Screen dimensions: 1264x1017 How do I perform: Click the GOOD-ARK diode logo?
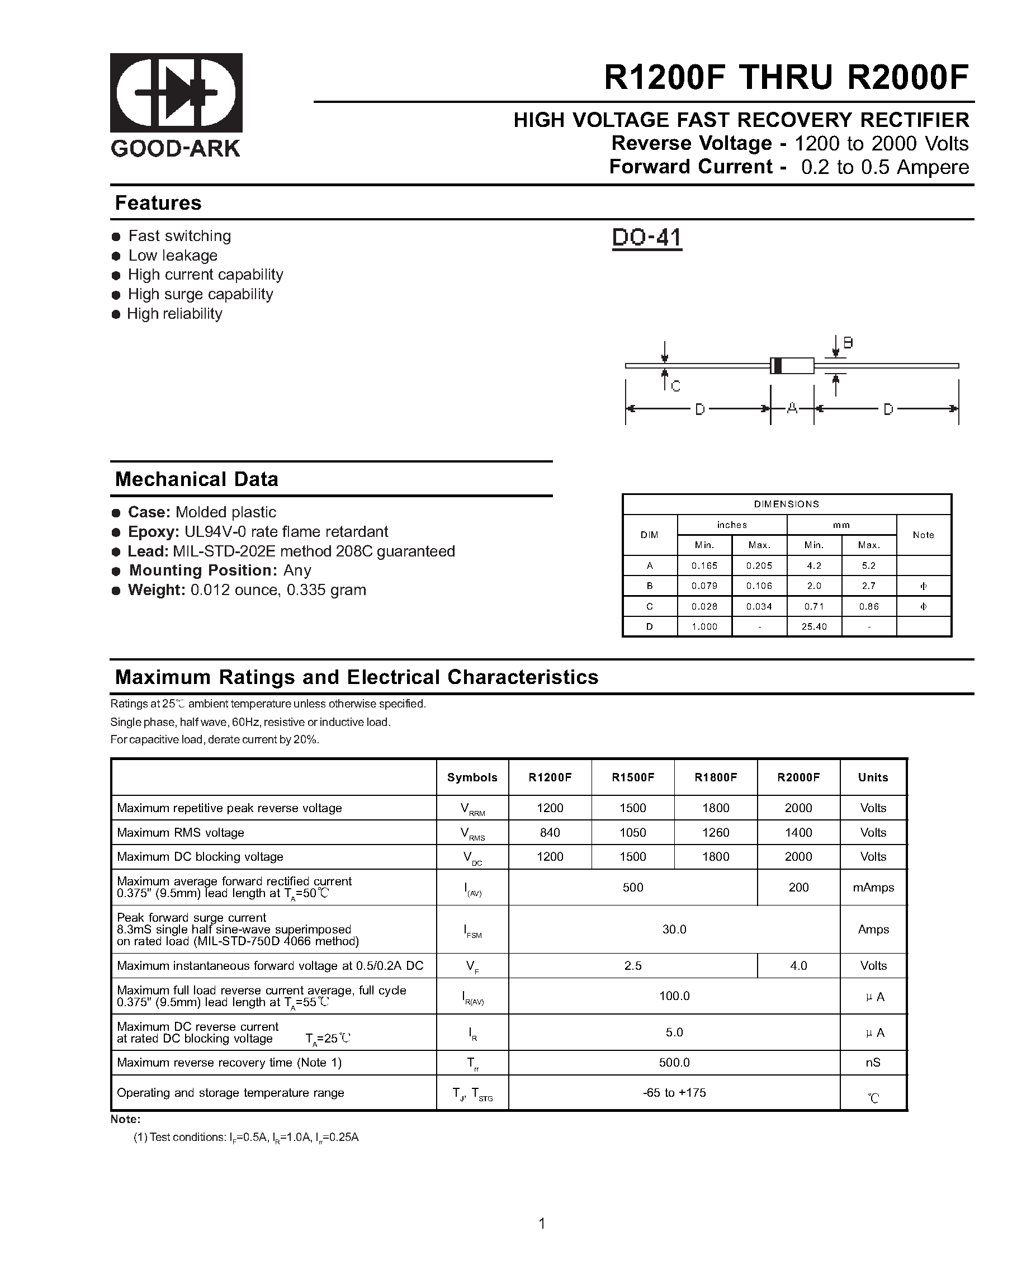pyautogui.click(x=176, y=93)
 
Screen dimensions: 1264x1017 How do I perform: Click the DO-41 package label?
pyautogui.click(x=646, y=238)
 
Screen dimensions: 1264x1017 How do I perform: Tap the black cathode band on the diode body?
pyautogui.click(x=777, y=366)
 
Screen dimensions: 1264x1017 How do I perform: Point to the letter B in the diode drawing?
pyautogui.click(x=848, y=343)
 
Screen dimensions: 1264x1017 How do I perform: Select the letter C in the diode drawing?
pyautogui.click(x=675, y=386)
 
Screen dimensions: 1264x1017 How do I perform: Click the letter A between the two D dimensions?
pyautogui.click(x=792, y=409)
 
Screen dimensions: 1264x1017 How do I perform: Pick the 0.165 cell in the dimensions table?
pyautogui.click(x=704, y=566)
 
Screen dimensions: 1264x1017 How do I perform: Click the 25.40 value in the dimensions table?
pyautogui.click(x=813, y=627)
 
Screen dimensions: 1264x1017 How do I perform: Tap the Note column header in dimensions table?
pyautogui.click(x=923, y=535)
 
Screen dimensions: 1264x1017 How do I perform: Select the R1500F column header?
pyautogui.click(x=632, y=777)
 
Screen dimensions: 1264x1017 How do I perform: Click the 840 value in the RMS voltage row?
pyautogui.click(x=549, y=832)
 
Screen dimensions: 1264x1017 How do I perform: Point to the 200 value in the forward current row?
pyautogui.click(x=798, y=887)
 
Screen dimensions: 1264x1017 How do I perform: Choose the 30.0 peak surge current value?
pyautogui.click(x=674, y=929)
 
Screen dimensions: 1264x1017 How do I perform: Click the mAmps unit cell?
pyautogui.click(x=873, y=888)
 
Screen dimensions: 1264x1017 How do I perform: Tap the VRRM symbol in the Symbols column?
pyautogui.click(x=472, y=809)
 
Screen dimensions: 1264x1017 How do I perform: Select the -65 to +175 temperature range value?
pyautogui.click(x=674, y=1093)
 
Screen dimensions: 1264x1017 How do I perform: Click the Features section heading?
pyautogui.click(x=158, y=203)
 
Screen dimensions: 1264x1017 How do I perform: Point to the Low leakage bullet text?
pyautogui.click(x=172, y=256)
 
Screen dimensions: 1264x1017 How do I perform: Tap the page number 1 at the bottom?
pyautogui.click(x=542, y=1224)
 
